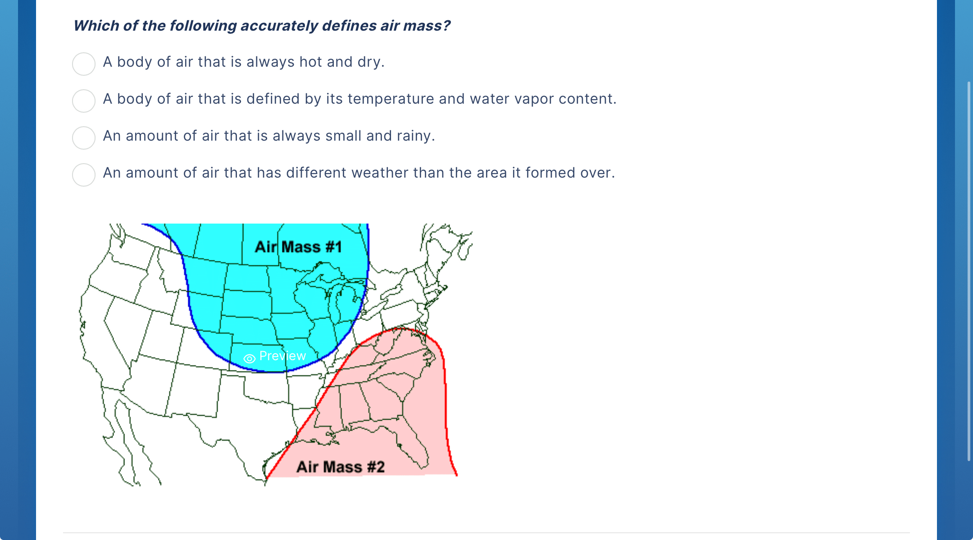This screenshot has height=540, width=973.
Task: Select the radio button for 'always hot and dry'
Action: point(84,64)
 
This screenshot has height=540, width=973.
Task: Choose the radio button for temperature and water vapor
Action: point(84,101)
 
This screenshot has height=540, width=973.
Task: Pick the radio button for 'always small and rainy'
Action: point(84,137)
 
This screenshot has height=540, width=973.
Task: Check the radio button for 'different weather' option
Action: point(84,174)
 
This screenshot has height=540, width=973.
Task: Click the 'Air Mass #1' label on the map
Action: point(298,247)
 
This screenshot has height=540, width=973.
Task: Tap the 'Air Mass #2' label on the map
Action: point(341,467)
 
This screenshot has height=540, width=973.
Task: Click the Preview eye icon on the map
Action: point(250,358)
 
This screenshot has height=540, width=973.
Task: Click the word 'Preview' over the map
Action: point(282,356)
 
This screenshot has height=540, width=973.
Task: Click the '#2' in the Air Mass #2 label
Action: point(376,467)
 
